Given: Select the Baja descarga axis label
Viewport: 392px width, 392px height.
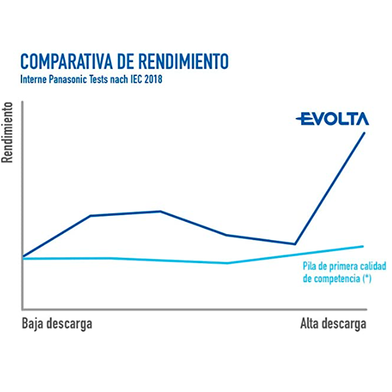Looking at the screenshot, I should (57, 324).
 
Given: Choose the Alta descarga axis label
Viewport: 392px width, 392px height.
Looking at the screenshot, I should (333, 324).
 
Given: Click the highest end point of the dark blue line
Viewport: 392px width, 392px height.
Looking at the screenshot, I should (365, 133).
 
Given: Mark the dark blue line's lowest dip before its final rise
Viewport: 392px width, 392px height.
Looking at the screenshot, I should (294, 244).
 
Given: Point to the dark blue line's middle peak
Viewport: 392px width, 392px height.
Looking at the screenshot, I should (160, 211).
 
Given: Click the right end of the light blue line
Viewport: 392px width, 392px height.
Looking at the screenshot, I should (363, 246).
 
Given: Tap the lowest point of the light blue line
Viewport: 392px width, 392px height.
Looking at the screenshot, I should (227, 263).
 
